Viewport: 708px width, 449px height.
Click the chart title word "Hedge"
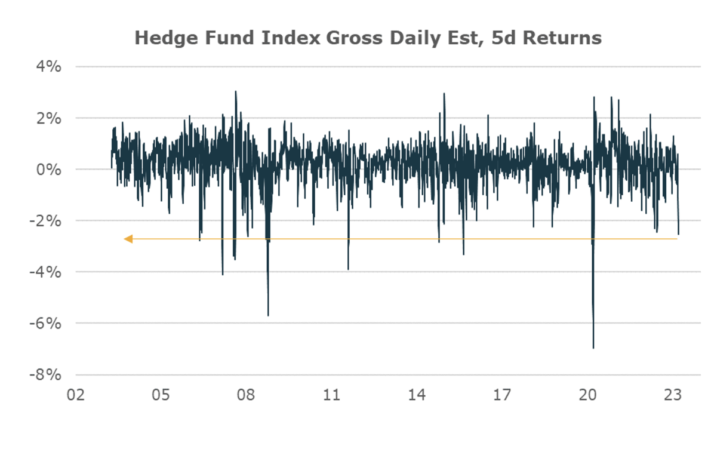pyautogui.click(x=162, y=38)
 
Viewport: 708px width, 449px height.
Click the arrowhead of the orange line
pyautogui.click(x=127, y=239)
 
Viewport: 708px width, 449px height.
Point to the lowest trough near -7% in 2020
pyautogui.click(x=593, y=347)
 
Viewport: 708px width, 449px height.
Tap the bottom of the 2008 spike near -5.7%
pyautogui.click(x=268, y=315)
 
